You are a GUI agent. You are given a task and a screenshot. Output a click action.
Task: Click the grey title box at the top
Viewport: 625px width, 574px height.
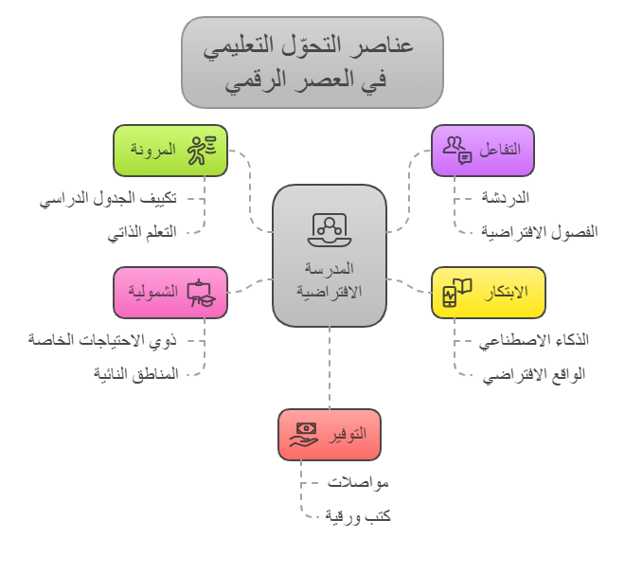(x=312, y=63)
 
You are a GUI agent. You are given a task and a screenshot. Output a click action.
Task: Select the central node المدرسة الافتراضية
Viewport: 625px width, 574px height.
(x=329, y=256)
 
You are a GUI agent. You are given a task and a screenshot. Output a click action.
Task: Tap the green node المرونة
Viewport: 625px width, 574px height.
(x=170, y=151)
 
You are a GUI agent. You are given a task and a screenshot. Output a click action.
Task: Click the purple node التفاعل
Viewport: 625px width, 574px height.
(x=483, y=151)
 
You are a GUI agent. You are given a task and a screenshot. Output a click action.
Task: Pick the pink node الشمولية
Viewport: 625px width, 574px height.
(x=170, y=292)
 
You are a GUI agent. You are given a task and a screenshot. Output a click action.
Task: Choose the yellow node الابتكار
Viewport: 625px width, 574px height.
(x=488, y=292)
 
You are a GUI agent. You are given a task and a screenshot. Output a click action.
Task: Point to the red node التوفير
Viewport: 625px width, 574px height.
(x=330, y=435)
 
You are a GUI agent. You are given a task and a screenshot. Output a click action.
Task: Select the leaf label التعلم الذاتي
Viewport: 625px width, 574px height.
(x=142, y=232)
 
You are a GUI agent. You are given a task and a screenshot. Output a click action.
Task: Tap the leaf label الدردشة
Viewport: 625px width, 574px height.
(x=504, y=199)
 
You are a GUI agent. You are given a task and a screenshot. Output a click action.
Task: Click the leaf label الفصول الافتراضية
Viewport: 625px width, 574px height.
(x=539, y=232)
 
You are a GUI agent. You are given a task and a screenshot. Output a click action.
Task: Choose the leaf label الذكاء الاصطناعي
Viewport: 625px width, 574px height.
(x=533, y=340)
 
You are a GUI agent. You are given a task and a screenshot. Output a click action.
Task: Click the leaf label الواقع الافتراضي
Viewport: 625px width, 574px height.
(x=533, y=373)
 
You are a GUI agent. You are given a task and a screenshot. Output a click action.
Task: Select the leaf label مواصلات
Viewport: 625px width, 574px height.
(x=358, y=483)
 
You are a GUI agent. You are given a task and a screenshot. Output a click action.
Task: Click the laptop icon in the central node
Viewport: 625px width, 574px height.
(x=329, y=227)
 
